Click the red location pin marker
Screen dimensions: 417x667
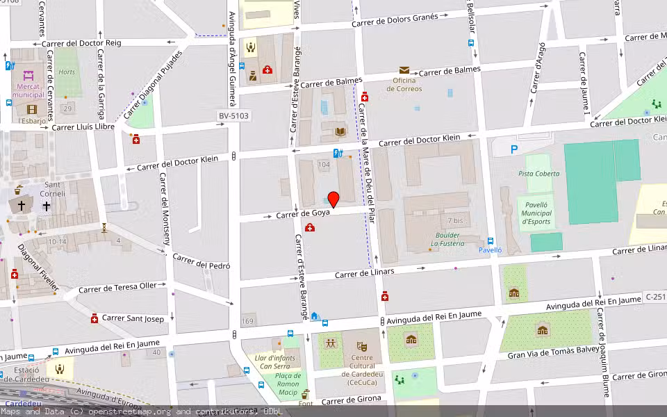pos(333,199)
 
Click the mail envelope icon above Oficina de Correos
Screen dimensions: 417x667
pos(404,70)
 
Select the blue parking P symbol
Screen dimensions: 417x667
pos(514,149)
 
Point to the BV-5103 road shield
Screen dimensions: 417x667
pos(233,116)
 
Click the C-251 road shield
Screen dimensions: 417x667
pos(654,297)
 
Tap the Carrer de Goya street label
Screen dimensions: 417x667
pos(302,214)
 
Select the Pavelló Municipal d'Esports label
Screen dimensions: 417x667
pos(535,213)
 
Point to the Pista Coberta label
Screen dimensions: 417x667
pos(538,173)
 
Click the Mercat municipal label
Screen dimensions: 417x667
pos(28,90)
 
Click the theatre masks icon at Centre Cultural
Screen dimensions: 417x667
pos(361,345)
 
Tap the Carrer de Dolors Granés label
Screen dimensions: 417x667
pos(395,20)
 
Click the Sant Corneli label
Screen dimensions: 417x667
pos(56,189)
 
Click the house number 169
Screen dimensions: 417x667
pos(248,321)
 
